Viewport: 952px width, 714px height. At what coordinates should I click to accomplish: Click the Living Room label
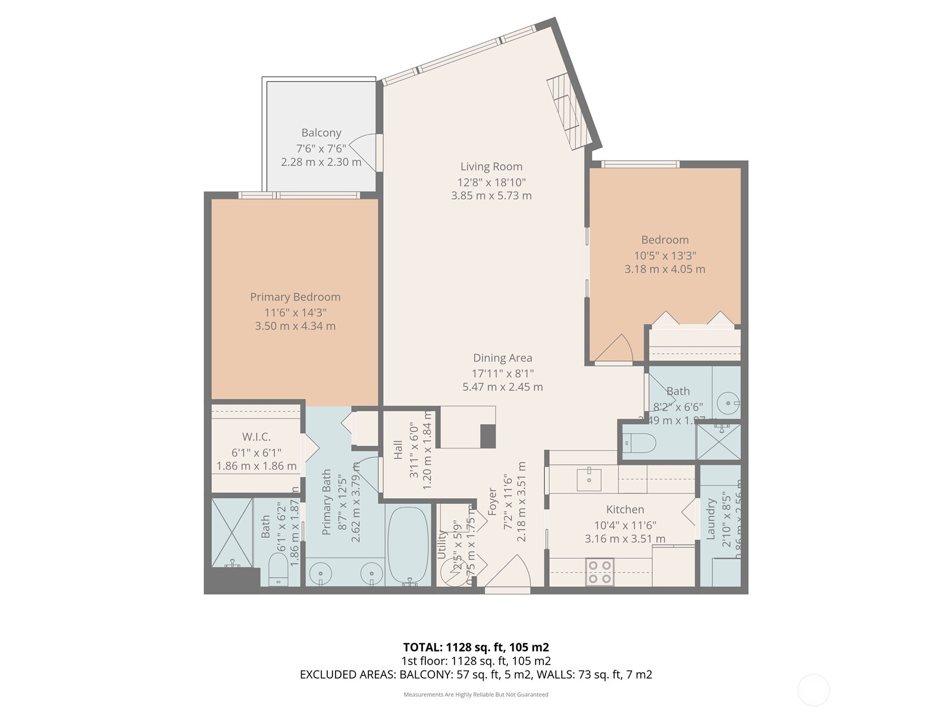tap(491, 167)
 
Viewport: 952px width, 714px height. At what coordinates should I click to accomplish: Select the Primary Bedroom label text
tap(295, 297)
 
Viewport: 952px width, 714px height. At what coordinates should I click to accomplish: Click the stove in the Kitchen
tap(599, 571)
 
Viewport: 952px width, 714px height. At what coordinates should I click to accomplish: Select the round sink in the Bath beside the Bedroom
tap(728, 403)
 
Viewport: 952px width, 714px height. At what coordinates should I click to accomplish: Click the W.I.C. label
tap(256, 437)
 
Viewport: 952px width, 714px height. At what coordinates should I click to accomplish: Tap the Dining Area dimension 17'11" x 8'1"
tap(503, 373)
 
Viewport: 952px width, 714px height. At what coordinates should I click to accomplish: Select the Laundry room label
tap(710, 519)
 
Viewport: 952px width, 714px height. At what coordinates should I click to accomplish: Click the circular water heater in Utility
tap(453, 572)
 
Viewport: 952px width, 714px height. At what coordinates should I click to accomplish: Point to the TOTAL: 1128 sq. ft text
tap(475, 647)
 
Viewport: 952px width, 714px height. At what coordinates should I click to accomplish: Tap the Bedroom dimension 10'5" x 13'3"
tap(665, 255)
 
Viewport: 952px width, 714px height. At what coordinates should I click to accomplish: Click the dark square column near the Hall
tap(488, 436)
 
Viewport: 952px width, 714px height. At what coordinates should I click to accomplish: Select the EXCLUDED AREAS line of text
tap(475, 675)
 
